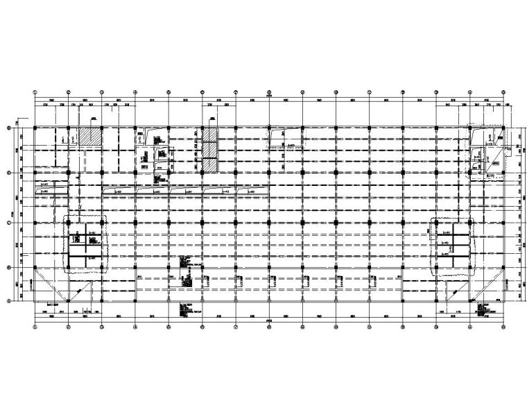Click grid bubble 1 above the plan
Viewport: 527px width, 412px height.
click(x=35, y=91)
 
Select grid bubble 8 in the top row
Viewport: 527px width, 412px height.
click(x=269, y=91)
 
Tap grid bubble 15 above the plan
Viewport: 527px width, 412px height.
click(x=503, y=91)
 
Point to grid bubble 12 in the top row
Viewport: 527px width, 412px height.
click(x=403, y=91)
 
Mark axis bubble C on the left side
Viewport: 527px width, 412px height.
click(x=9, y=223)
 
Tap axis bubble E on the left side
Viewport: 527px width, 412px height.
click(x=9, y=128)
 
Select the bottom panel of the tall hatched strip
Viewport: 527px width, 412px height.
click(x=209, y=165)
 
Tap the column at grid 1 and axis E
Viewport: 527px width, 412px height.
click(x=35, y=128)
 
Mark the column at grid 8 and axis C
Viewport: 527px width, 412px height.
click(x=269, y=223)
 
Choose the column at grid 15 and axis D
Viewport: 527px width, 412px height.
click(x=503, y=173)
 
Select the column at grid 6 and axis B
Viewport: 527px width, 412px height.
click(x=202, y=268)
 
